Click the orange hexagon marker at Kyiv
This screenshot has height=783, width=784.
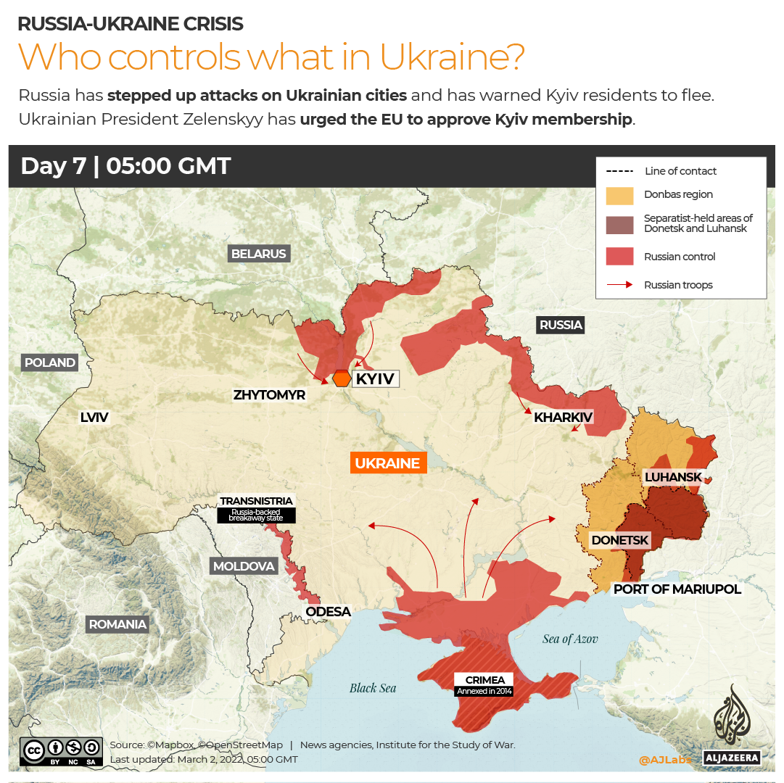point(342,378)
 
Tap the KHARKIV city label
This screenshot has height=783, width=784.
point(564,417)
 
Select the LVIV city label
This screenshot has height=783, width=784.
point(94,417)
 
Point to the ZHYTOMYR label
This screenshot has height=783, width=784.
point(269,395)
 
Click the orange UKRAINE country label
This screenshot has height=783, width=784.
point(387,463)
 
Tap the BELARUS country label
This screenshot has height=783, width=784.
point(259,254)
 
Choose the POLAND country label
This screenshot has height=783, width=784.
point(50,362)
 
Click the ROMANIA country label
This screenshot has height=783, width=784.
point(117,624)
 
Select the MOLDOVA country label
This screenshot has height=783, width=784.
point(244,566)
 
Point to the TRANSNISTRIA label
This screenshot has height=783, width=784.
point(257,501)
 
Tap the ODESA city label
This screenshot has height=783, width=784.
point(328,612)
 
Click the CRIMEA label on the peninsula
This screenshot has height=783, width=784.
point(484,680)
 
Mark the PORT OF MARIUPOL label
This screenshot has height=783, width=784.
point(677,589)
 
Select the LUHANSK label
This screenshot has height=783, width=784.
point(674,476)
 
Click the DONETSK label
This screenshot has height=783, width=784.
point(620,540)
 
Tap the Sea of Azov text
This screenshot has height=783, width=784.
point(570,639)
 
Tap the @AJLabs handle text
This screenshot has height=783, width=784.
point(664,760)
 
